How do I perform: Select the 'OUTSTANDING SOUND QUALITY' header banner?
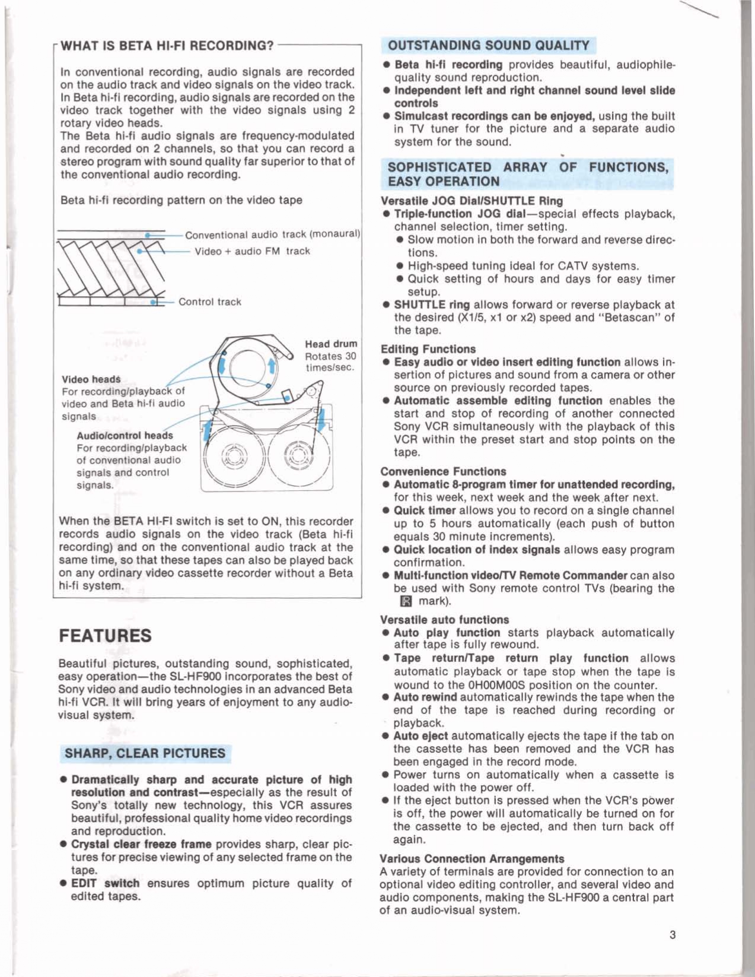(489, 46)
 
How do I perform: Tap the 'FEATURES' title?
(105, 636)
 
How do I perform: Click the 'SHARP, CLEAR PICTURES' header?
(145, 753)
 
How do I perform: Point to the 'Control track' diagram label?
(210, 302)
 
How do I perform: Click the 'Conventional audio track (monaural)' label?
(273, 234)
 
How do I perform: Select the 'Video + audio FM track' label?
(252, 251)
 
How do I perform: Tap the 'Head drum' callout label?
(331, 344)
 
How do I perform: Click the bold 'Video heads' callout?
(91, 379)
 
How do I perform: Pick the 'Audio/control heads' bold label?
(125, 435)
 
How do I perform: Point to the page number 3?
(672, 935)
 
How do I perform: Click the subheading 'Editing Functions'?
(428, 349)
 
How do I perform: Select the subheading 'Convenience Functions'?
(443, 471)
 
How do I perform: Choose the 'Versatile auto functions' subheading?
(444, 620)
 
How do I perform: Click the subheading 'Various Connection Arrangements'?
(472, 858)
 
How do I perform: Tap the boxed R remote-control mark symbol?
(406, 601)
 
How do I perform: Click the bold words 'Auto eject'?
(420, 736)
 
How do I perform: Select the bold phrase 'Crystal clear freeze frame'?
(141, 844)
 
